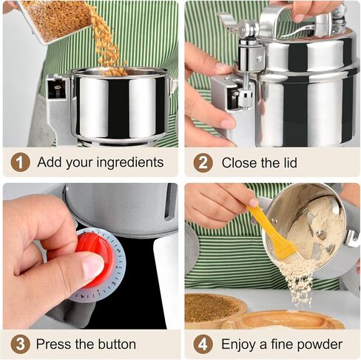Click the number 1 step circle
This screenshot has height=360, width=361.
pyautogui.click(x=21, y=162)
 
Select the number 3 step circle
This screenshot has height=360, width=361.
pyautogui.click(x=21, y=344)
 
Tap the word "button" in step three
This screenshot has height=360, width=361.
pyautogui.click(x=113, y=344)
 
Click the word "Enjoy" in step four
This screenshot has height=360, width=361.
pyautogui.click(x=236, y=344)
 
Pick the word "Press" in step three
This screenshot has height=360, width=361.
pyautogui.click(x=53, y=344)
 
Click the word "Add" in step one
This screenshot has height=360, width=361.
pyautogui.click(x=48, y=162)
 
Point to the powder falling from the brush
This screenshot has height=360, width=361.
pyautogui.click(x=300, y=285)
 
